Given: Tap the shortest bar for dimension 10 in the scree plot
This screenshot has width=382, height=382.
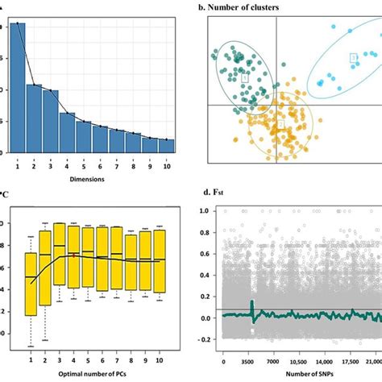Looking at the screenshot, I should (x=168, y=146).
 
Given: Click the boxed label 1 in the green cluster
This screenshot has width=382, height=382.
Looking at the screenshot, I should (x=245, y=77).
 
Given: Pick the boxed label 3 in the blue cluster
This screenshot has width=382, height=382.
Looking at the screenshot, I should (x=352, y=57).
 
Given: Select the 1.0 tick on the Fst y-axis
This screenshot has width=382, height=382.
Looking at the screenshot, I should (x=206, y=210).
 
